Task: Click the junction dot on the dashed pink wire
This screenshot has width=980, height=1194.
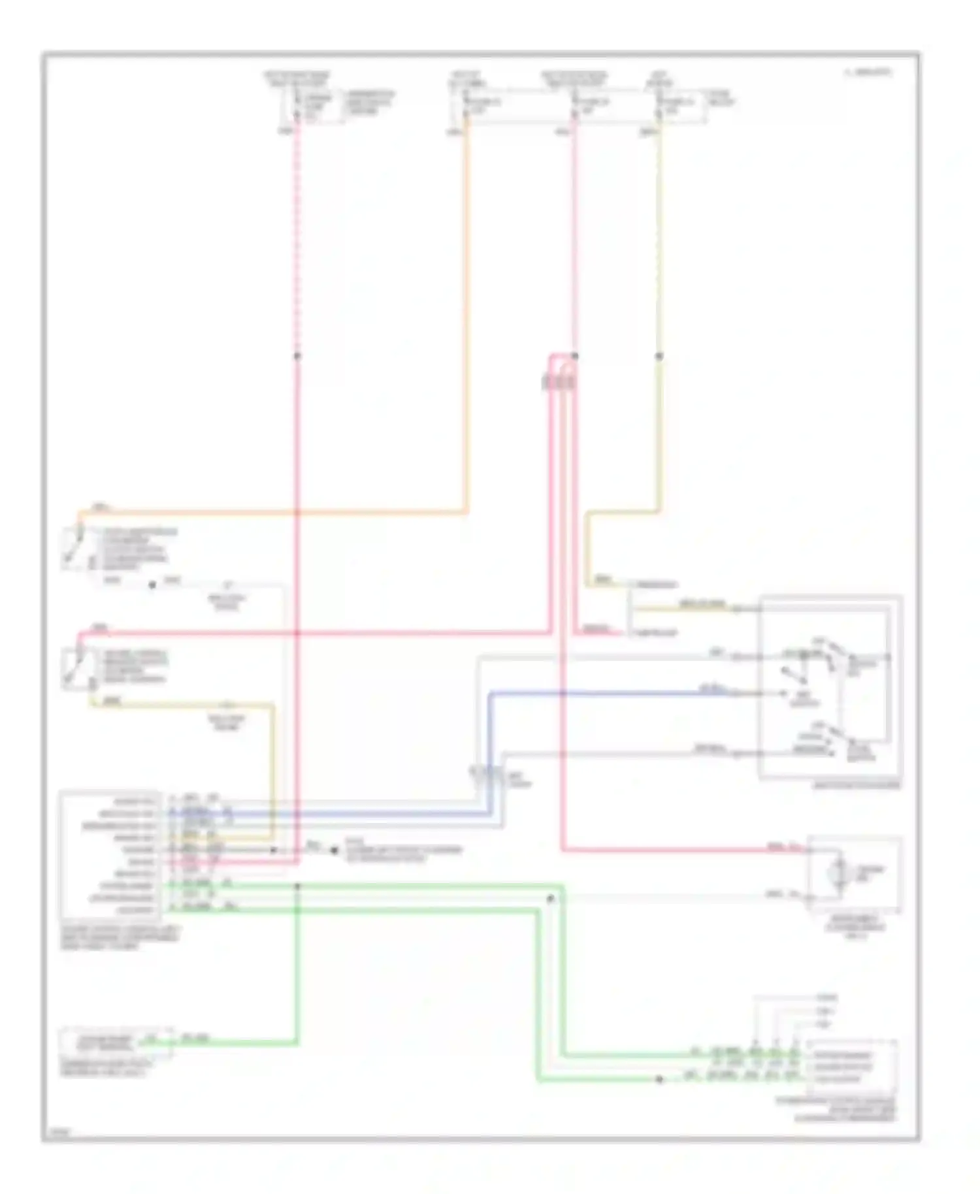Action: point(297,356)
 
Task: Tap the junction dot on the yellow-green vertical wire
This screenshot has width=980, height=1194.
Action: point(659,356)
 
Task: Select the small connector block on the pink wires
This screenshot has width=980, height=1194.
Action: point(559,381)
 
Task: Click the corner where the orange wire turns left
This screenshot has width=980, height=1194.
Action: point(466,511)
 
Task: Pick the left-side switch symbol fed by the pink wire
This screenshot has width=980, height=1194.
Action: point(73,668)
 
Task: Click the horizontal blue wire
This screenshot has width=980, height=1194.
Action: point(608,692)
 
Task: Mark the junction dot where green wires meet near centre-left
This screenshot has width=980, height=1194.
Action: point(297,886)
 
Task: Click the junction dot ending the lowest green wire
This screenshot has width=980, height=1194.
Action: point(659,1080)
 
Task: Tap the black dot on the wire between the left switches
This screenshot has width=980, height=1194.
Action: point(152,585)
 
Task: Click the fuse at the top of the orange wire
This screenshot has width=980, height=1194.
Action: point(466,105)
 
